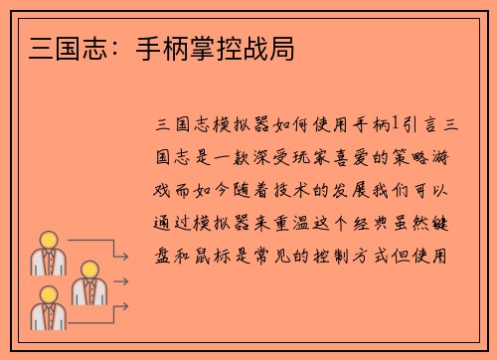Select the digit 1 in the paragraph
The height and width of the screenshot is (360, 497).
pos(396,124)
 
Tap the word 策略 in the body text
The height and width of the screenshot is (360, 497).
pos(412,156)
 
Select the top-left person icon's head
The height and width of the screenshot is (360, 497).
pos(47,239)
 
